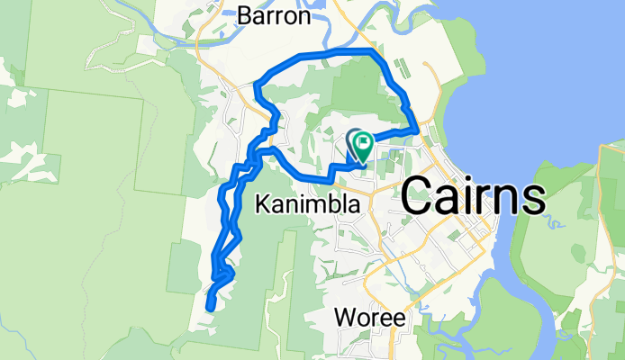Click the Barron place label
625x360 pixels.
[275, 16]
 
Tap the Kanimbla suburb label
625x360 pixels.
[309, 205]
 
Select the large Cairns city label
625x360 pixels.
[473, 195]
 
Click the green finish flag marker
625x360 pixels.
[364, 142]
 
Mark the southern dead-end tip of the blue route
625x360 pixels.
[209, 308]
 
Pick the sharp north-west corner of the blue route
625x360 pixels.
[258, 85]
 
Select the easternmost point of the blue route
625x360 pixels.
[416, 130]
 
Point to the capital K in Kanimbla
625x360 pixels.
[262, 205]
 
